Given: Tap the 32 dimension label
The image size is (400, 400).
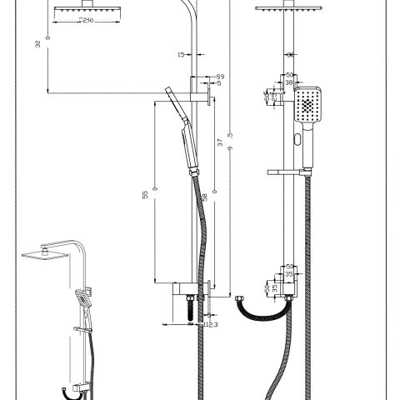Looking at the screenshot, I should (37, 44).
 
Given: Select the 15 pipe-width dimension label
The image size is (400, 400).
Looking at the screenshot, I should (182, 55).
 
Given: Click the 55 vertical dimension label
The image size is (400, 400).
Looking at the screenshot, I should (144, 194).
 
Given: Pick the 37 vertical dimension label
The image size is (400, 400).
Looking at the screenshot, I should (219, 143).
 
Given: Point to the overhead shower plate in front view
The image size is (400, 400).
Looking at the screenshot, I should (286, 8).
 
